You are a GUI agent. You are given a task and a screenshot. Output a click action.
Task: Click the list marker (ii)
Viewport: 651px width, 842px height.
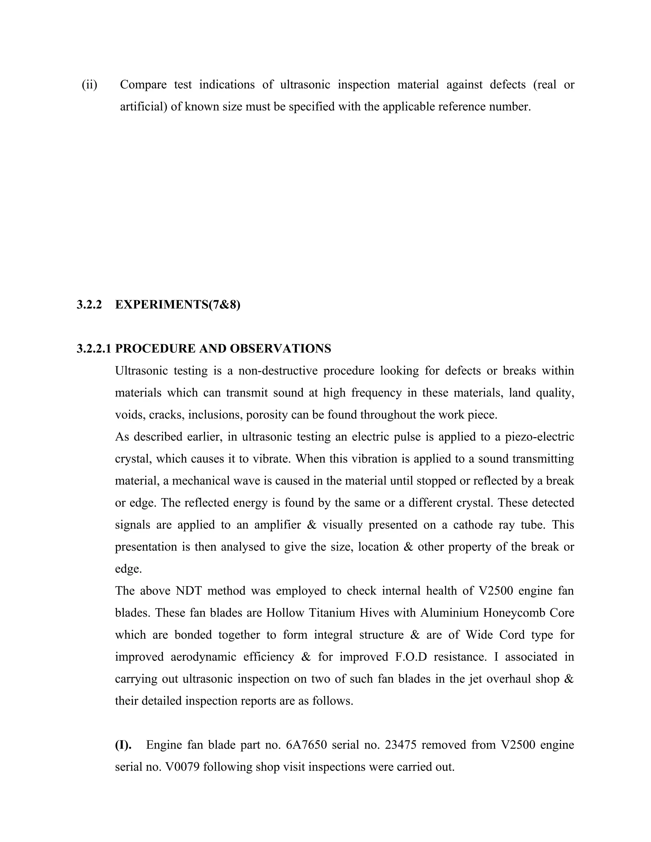[x=89, y=85]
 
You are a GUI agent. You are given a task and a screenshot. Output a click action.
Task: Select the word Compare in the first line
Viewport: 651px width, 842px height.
[x=143, y=85]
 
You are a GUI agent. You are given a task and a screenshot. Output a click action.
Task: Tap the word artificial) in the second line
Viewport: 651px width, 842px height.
[x=143, y=106]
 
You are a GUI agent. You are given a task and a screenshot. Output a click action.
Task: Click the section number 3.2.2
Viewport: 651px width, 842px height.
[x=89, y=305]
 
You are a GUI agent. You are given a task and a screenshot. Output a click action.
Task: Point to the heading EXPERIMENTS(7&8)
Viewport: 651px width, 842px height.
[x=177, y=305]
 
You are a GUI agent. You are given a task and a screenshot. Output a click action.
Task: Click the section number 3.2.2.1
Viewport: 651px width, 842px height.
[x=94, y=349]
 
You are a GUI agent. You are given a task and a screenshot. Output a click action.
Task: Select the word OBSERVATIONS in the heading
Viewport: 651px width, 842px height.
[x=280, y=349]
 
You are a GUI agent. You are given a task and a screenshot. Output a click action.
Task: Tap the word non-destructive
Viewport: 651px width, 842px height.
[x=278, y=370]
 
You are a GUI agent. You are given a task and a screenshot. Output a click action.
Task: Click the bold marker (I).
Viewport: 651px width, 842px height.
[x=123, y=744]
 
